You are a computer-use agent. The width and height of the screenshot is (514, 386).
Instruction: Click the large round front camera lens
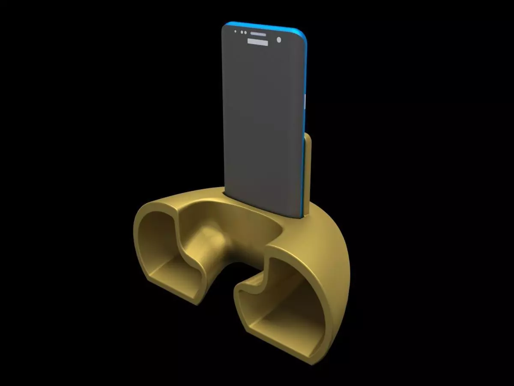click(x=279, y=40)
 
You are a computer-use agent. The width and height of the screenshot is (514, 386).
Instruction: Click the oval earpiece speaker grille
click(x=258, y=33)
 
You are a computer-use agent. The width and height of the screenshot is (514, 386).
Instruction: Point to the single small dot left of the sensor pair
click(x=235, y=31)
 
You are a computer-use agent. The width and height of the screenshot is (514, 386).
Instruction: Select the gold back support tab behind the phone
click(x=308, y=172)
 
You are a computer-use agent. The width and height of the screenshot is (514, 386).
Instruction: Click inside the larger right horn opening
click(x=283, y=300)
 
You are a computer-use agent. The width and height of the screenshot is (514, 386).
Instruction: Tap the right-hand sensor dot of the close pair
click(x=245, y=32)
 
